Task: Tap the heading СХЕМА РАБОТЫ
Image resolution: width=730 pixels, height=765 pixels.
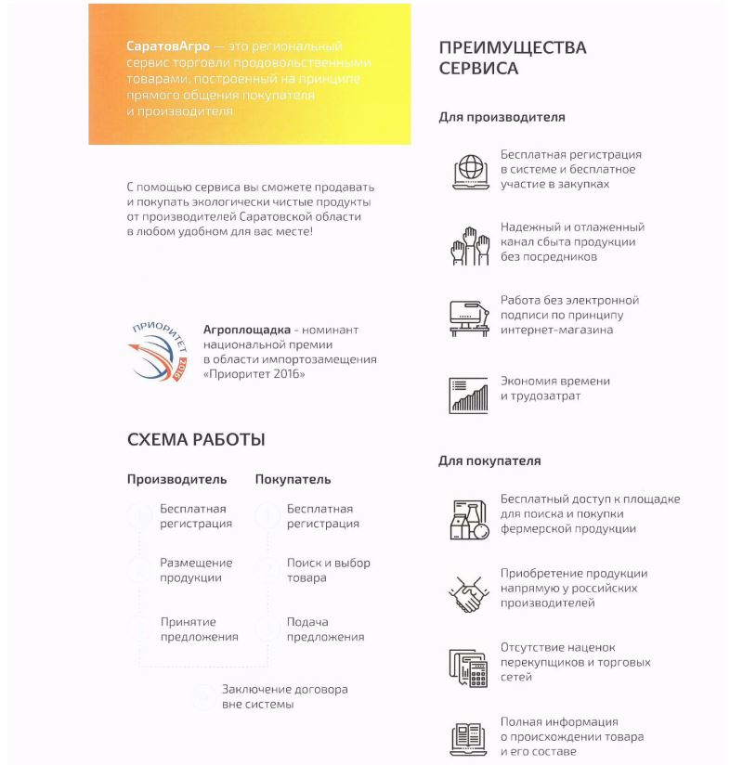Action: (x=196, y=440)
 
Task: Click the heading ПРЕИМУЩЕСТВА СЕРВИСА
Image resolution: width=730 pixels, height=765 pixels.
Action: (x=512, y=58)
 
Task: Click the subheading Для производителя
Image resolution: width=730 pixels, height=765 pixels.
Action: (x=502, y=118)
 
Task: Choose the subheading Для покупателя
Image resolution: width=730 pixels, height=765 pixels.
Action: (x=489, y=460)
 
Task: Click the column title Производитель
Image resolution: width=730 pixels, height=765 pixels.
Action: (x=176, y=480)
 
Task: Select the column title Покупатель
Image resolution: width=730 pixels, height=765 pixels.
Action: (x=293, y=480)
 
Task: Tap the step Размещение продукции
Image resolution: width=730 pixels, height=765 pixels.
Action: (x=196, y=570)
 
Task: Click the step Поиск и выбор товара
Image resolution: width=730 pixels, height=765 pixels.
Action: (x=328, y=570)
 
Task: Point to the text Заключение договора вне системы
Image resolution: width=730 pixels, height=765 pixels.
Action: (x=284, y=696)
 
